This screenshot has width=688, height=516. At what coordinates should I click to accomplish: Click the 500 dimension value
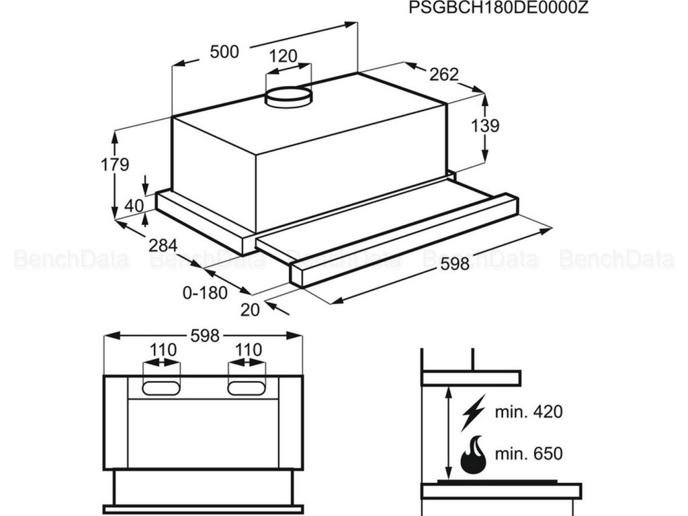click(224, 52)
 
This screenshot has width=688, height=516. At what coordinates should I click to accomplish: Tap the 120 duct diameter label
click(283, 56)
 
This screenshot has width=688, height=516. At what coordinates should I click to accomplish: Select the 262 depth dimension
click(443, 74)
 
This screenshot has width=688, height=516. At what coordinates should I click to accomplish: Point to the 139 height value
click(485, 126)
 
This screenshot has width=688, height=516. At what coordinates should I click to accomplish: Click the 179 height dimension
click(115, 165)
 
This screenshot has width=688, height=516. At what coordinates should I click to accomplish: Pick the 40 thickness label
click(134, 206)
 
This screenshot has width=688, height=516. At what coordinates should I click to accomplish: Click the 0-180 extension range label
click(204, 292)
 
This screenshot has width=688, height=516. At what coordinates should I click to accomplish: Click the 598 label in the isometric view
click(454, 264)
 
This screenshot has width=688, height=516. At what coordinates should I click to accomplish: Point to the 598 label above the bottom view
click(205, 336)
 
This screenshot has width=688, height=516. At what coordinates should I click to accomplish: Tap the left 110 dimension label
click(163, 349)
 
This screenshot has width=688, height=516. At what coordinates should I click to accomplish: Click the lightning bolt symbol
click(474, 413)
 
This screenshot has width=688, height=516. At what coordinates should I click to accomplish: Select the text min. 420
click(529, 412)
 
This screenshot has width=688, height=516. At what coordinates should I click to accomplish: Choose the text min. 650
click(529, 454)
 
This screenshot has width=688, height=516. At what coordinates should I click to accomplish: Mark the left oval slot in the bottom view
click(161, 388)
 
